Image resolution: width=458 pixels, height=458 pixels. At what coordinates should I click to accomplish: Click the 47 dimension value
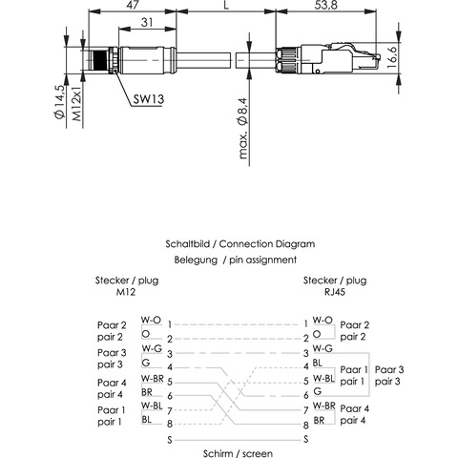pyautogui.click(x=133, y=4)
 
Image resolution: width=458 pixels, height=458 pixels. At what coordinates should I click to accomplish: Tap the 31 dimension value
pyautogui.click(x=147, y=22)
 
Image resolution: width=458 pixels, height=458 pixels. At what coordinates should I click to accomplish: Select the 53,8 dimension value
pyautogui.click(x=325, y=5)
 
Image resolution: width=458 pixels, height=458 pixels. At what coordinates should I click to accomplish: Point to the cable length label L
pyautogui.click(x=226, y=5)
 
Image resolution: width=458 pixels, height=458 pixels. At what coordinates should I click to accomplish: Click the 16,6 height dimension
pyautogui.click(x=392, y=57)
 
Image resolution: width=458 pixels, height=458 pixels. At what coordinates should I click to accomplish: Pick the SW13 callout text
pyautogui.click(x=149, y=99)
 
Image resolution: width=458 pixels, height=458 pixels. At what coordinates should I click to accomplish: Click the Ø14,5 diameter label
pyautogui.click(x=59, y=102)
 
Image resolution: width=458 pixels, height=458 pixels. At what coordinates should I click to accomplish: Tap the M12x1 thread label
pyautogui.click(x=76, y=103)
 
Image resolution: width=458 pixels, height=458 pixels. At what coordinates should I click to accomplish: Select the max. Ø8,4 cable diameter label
pyautogui.click(x=243, y=128)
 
